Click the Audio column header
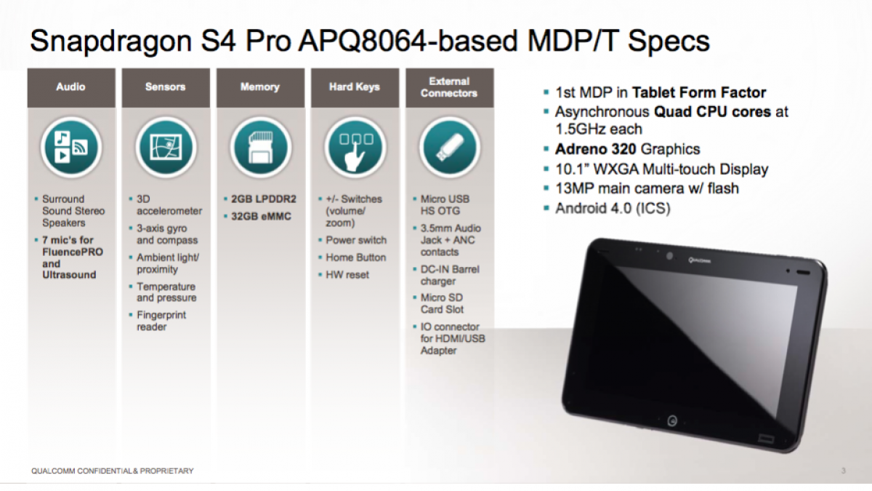[x=71, y=87]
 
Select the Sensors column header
[x=166, y=87]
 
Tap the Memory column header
[x=260, y=87]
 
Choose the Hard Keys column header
[x=355, y=87]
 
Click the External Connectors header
[x=449, y=87]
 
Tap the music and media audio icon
[x=71, y=148]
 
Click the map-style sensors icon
[x=166, y=148]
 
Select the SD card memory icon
[x=261, y=148]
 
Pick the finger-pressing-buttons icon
[x=355, y=148]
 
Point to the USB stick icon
[x=450, y=148]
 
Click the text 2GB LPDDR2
[x=264, y=199]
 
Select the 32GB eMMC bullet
[x=261, y=216]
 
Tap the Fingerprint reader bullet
[x=161, y=321]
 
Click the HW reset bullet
[x=347, y=275]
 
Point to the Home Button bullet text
[x=356, y=258]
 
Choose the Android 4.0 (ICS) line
[x=613, y=209]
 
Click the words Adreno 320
[x=596, y=149]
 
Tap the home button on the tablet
[x=672, y=420]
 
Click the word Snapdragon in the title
[x=111, y=41]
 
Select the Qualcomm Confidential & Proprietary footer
[x=113, y=471]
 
